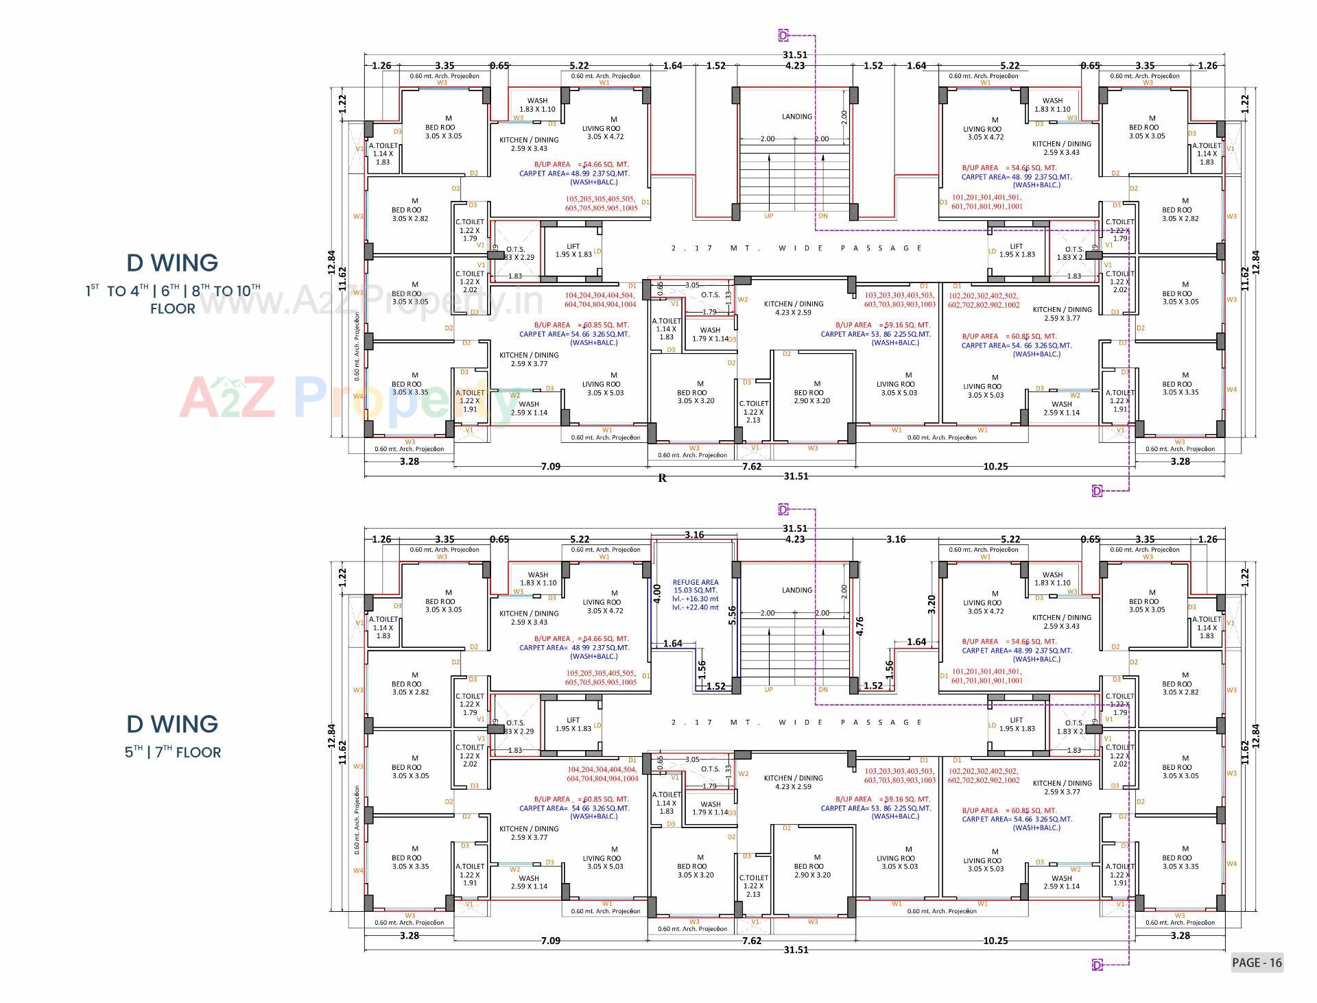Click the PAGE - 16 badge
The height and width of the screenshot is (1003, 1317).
[x=1256, y=963]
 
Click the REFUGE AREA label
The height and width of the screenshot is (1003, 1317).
[x=695, y=582]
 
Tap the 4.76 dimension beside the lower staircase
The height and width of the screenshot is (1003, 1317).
[x=859, y=626]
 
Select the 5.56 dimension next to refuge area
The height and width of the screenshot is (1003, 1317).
[x=732, y=614]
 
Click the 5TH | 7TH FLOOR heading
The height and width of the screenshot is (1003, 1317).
[x=173, y=752]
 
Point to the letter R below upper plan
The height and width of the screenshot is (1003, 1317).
[x=662, y=479]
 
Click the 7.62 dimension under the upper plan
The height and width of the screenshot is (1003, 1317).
[x=751, y=466]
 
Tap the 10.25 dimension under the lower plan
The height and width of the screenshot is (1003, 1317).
[x=995, y=941]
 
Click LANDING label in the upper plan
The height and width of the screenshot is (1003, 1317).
[x=796, y=117]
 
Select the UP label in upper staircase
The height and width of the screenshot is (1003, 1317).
[x=768, y=216]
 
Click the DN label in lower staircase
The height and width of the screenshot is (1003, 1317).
[x=823, y=690]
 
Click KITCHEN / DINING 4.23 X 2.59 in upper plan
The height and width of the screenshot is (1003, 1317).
[x=794, y=308]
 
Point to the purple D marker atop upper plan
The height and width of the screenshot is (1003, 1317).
[x=783, y=35]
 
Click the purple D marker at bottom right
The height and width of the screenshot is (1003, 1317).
[x=1097, y=965]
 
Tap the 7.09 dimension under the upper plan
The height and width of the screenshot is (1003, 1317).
[x=550, y=466]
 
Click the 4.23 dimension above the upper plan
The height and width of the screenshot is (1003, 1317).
[x=794, y=66]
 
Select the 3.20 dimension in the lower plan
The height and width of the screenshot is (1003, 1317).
[x=931, y=603]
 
